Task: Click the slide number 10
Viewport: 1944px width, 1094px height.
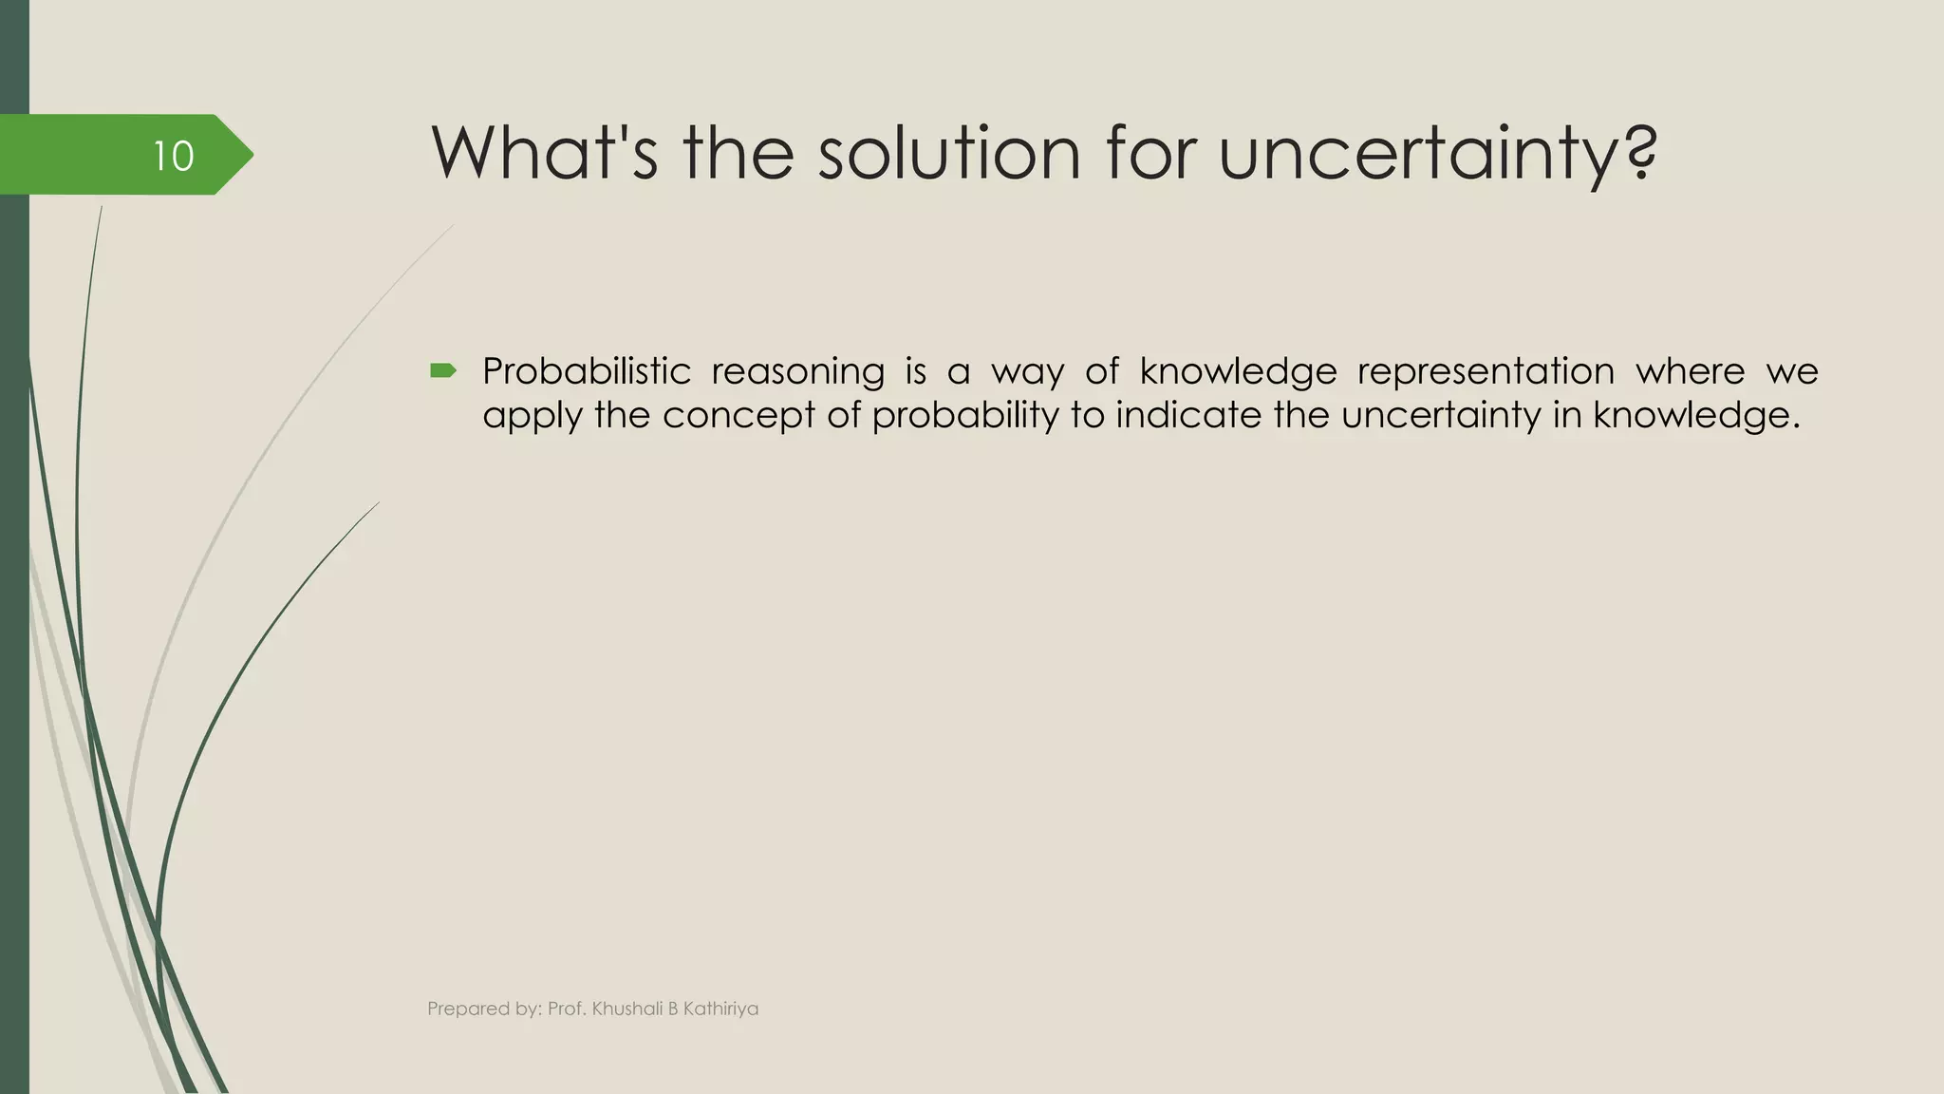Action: click(x=174, y=156)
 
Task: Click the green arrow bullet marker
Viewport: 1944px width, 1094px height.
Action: click(x=442, y=370)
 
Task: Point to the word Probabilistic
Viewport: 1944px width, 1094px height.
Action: click(x=586, y=371)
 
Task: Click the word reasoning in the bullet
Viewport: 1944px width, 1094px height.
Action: click(x=797, y=371)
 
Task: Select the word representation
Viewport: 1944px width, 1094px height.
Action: click(x=1486, y=371)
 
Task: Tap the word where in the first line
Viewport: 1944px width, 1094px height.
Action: click(x=1690, y=371)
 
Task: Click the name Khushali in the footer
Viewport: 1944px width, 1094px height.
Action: click(x=626, y=1009)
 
